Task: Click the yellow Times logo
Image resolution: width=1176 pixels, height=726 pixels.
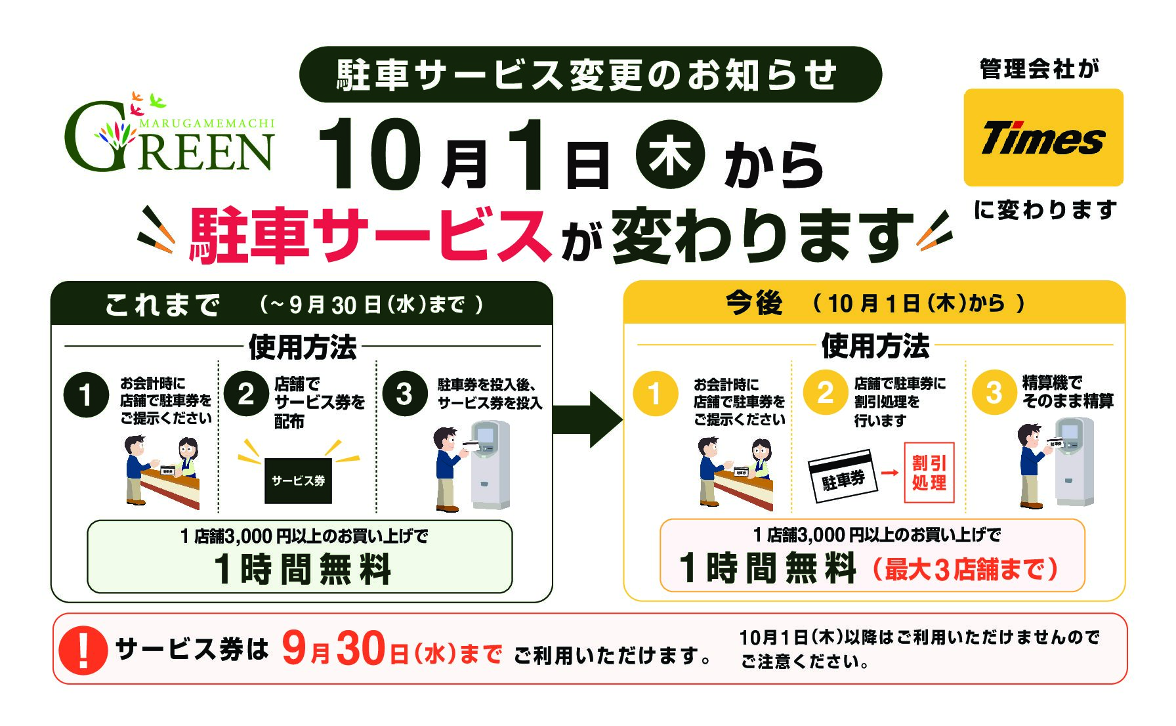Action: [1043, 138]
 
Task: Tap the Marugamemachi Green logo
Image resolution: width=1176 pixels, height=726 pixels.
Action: [169, 134]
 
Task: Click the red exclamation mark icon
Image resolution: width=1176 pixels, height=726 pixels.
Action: [83, 649]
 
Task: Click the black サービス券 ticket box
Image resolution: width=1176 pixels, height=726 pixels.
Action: [298, 480]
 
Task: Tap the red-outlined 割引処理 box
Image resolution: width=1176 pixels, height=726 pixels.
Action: [929, 473]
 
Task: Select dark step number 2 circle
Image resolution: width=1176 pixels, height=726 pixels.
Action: [246, 394]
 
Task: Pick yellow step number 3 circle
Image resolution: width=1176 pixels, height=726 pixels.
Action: [994, 393]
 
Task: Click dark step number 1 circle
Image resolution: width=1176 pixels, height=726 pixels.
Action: [86, 395]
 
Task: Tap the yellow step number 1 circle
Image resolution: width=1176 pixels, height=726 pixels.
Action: [655, 393]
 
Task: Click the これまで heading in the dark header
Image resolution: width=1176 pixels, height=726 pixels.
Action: [162, 305]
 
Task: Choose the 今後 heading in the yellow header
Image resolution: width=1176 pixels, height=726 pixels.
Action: [753, 303]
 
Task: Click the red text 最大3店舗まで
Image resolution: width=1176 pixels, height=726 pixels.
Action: [965, 569]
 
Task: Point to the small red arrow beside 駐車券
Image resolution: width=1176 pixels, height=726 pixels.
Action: [889, 472]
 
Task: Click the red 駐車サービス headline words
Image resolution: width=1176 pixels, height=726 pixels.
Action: [369, 236]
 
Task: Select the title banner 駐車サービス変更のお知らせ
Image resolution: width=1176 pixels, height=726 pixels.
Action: [591, 74]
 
